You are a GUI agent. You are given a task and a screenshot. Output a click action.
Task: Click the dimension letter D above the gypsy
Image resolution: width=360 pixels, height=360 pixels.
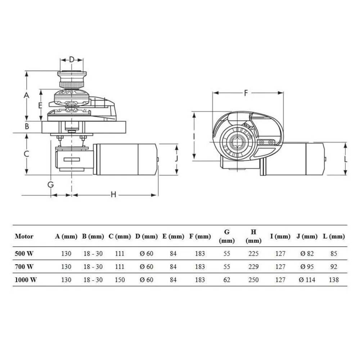(72, 60)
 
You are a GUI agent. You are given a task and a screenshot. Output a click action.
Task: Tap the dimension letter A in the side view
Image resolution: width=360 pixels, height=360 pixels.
(26, 95)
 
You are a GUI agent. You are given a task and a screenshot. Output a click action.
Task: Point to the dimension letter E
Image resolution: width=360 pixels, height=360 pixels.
(40, 105)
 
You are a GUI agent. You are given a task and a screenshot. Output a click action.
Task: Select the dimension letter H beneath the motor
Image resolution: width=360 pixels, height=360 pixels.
(113, 195)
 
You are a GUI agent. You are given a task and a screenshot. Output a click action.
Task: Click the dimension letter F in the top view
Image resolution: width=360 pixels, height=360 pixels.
(246, 93)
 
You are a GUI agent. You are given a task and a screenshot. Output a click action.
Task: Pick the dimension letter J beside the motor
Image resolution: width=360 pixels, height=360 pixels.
(176, 158)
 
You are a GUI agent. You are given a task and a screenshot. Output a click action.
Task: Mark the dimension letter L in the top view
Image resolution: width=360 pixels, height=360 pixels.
(346, 159)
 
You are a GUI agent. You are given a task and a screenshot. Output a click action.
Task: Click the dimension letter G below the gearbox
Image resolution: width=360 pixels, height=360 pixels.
(50, 185)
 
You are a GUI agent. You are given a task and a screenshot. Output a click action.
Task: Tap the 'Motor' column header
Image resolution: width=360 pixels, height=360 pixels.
(24, 236)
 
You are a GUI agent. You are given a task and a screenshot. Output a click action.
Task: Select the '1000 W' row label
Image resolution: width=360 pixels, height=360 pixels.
(26, 280)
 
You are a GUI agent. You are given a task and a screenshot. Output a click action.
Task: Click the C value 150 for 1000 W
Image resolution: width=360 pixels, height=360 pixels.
(120, 280)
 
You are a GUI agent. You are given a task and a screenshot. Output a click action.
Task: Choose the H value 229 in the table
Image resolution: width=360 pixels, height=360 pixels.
(253, 267)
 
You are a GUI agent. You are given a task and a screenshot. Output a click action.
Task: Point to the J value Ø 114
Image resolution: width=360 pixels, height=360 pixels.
(307, 280)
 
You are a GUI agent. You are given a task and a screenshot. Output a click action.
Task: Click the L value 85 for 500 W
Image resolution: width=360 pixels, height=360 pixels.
(334, 254)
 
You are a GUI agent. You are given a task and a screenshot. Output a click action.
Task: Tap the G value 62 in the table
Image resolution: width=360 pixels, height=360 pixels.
(226, 280)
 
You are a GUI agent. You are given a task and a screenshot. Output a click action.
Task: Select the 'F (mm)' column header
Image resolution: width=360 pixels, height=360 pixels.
(200, 236)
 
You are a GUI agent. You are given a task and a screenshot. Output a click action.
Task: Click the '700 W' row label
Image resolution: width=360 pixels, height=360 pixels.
(24, 267)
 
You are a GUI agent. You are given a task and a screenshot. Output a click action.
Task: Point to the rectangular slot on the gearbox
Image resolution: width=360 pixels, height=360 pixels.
(72, 159)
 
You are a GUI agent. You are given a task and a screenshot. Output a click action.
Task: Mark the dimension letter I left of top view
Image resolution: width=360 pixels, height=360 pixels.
(194, 137)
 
